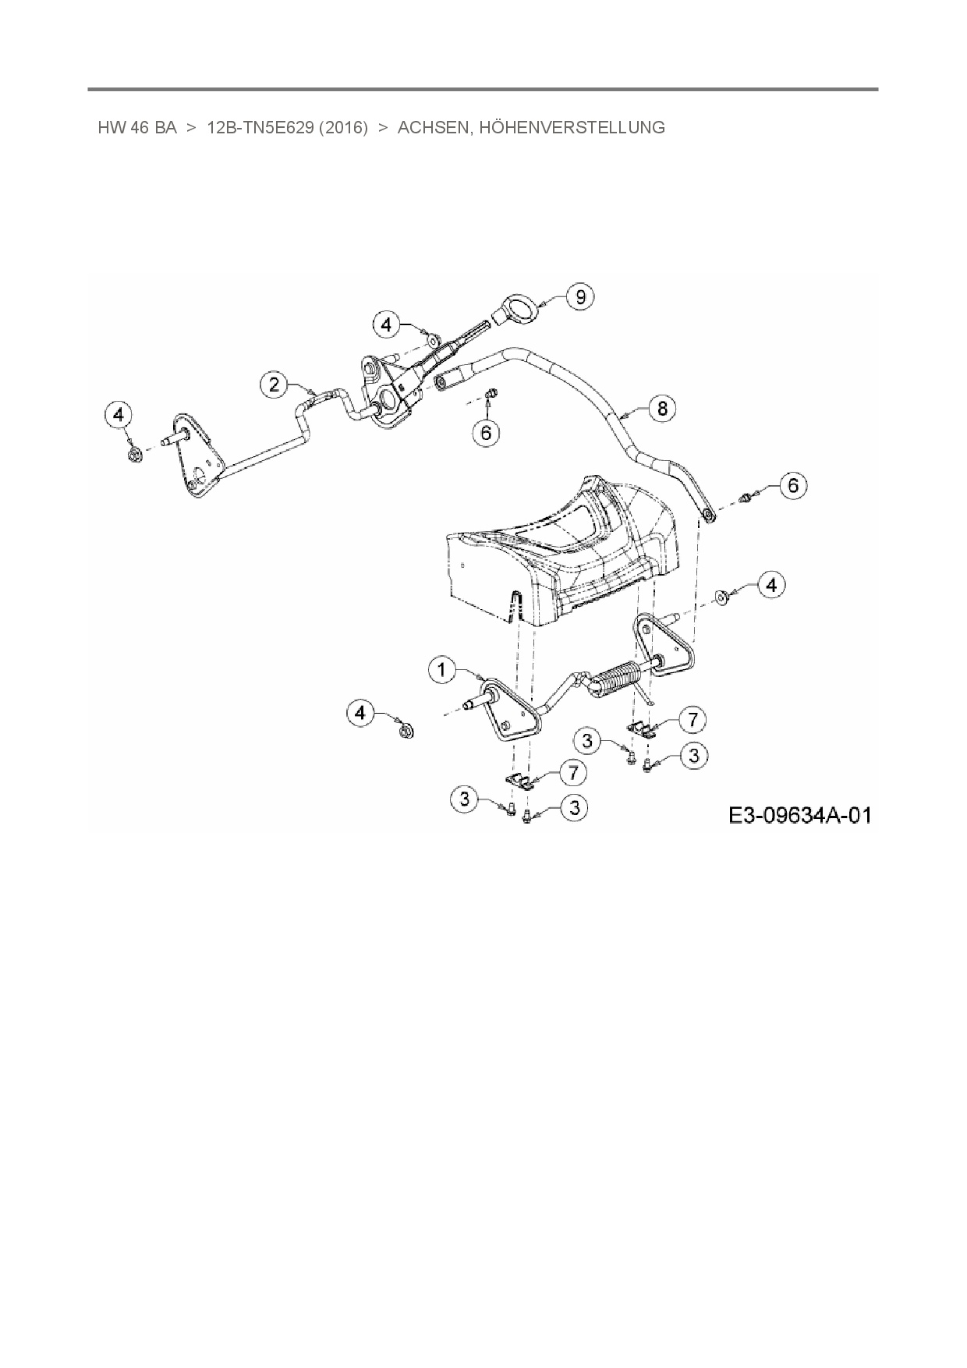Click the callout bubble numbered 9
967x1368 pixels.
click(579, 297)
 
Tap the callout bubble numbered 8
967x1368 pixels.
click(662, 408)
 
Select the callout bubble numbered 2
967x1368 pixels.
click(274, 384)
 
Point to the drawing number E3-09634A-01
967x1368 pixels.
click(799, 816)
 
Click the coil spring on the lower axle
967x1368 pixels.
click(617, 677)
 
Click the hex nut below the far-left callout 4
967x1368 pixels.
click(133, 452)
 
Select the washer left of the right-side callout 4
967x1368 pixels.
click(722, 597)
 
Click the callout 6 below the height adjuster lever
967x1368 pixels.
click(486, 431)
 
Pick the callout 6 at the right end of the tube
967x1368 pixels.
click(793, 485)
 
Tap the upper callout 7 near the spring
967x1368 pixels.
click(692, 718)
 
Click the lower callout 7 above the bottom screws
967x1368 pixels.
click(573, 772)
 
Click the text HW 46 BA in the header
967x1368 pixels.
click(137, 128)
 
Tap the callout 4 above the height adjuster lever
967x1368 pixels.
click(387, 324)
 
